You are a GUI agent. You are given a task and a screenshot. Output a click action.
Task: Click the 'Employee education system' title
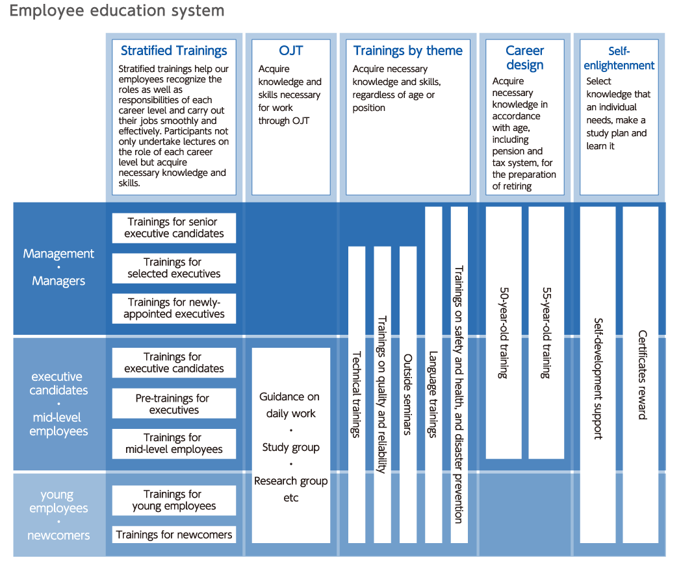tap(117, 10)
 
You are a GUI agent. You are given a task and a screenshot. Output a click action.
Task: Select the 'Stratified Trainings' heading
tap(173, 51)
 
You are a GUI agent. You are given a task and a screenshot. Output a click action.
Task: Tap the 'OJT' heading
tap(290, 51)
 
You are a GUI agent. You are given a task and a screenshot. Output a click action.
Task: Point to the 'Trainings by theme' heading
tap(408, 51)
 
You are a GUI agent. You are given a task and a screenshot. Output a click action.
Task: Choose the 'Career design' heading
tap(524, 58)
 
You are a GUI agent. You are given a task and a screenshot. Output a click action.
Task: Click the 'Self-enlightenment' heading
tap(619, 58)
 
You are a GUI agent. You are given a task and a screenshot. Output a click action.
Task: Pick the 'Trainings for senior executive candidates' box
tap(174, 228)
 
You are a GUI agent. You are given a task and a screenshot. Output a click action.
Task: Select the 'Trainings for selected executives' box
tap(174, 268)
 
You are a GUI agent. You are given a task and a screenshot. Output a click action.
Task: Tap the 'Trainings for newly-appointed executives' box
tap(174, 308)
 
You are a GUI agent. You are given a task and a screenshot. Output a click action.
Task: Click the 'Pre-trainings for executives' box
tap(174, 404)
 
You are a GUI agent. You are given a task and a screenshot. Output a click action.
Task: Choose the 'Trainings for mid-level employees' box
tap(174, 444)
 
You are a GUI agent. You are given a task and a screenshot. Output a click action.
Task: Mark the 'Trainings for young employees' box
tap(174, 500)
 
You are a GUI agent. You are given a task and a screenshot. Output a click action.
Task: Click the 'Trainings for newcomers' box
tap(174, 535)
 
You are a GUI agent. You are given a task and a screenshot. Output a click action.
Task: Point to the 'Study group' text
tap(290, 448)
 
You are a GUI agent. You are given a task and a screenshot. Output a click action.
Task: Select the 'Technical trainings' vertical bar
tap(357, 395)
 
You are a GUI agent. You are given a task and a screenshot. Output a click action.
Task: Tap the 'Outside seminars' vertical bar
tap(408, 395)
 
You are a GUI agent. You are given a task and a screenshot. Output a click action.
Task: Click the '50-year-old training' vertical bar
tap(504, 332)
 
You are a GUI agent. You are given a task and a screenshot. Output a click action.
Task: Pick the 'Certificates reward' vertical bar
tap(641, 374)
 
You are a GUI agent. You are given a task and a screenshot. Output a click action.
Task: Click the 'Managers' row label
tap(58, 282)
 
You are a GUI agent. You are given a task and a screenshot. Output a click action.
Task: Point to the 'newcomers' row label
tap(58, 535)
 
